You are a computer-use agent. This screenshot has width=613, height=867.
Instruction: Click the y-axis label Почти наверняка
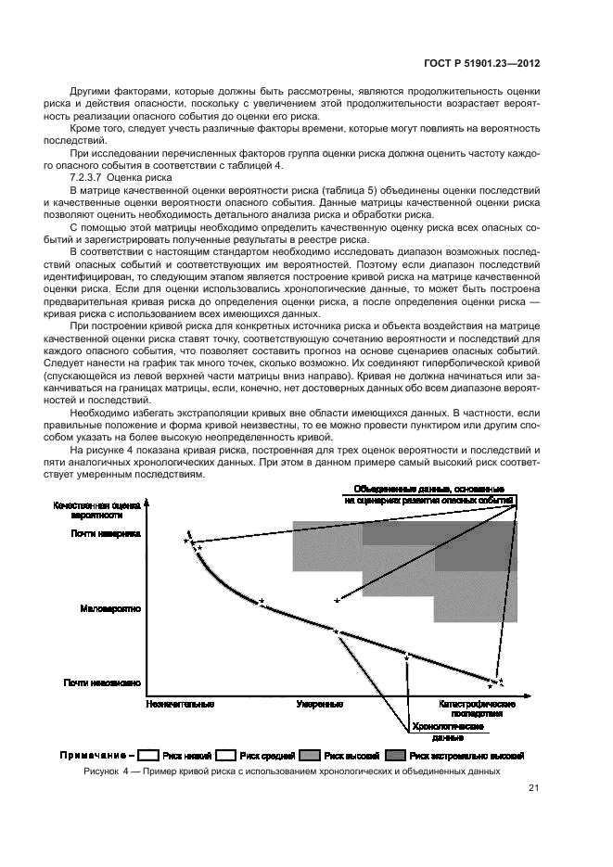tap(104, 533)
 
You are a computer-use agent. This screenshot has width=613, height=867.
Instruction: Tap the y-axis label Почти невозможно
tap(102, 683)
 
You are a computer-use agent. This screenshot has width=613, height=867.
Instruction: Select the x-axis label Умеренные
tap(315, 706)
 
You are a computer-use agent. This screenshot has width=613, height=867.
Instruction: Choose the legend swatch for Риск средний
tap(229, 755)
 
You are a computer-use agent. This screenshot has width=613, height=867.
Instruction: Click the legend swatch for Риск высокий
tap(310, 755)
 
